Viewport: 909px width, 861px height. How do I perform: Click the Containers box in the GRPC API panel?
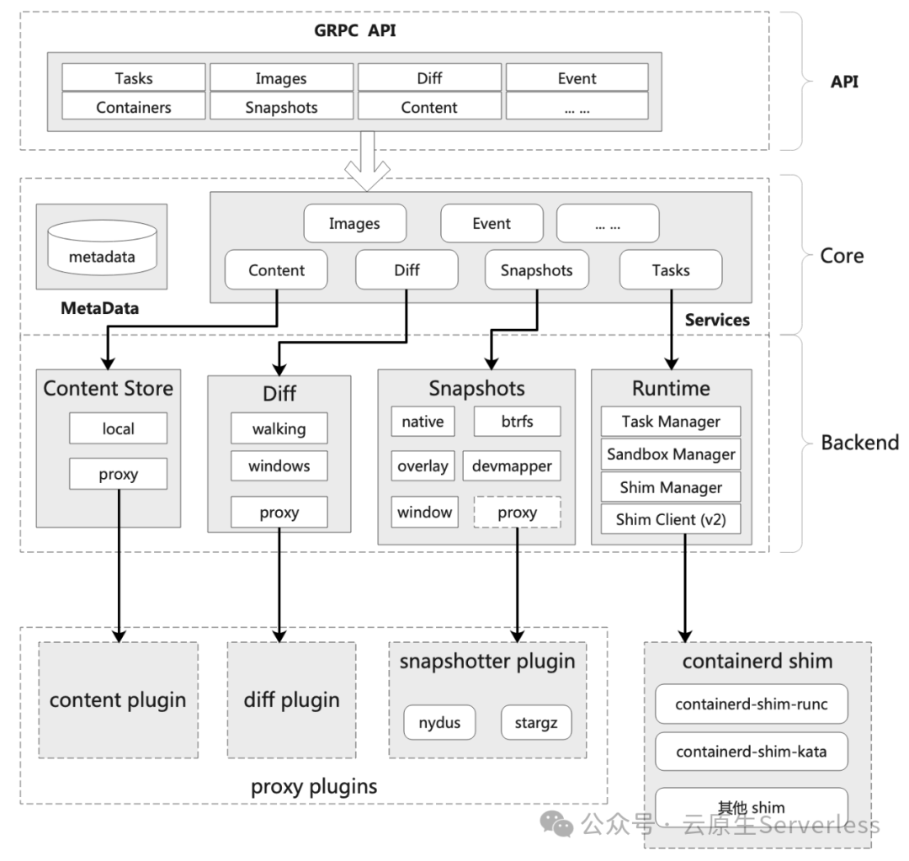(x=134, y=107)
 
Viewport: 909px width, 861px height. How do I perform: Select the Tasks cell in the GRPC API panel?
(x=134, y=78)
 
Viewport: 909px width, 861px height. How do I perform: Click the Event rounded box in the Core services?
(x=492, y=223)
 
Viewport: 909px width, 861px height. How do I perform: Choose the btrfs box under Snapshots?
(x=517, y=422)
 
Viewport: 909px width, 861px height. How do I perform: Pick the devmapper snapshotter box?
(x=512, y=465)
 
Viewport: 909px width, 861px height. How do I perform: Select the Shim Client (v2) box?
(x=671, y=519)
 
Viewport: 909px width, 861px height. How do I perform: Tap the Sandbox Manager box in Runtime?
(x=671, y=454)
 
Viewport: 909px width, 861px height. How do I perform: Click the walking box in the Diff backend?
(x=279, y=428)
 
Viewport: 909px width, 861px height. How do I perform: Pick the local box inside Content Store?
(x=118, y=428)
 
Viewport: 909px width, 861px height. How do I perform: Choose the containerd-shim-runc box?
(x=751, y=704)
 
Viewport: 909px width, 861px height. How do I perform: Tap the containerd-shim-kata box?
(x=751, y=751)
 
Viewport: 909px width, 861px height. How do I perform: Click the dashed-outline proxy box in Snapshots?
(x=517, y=512)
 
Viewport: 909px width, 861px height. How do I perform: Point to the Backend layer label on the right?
(x=859, y=442)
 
